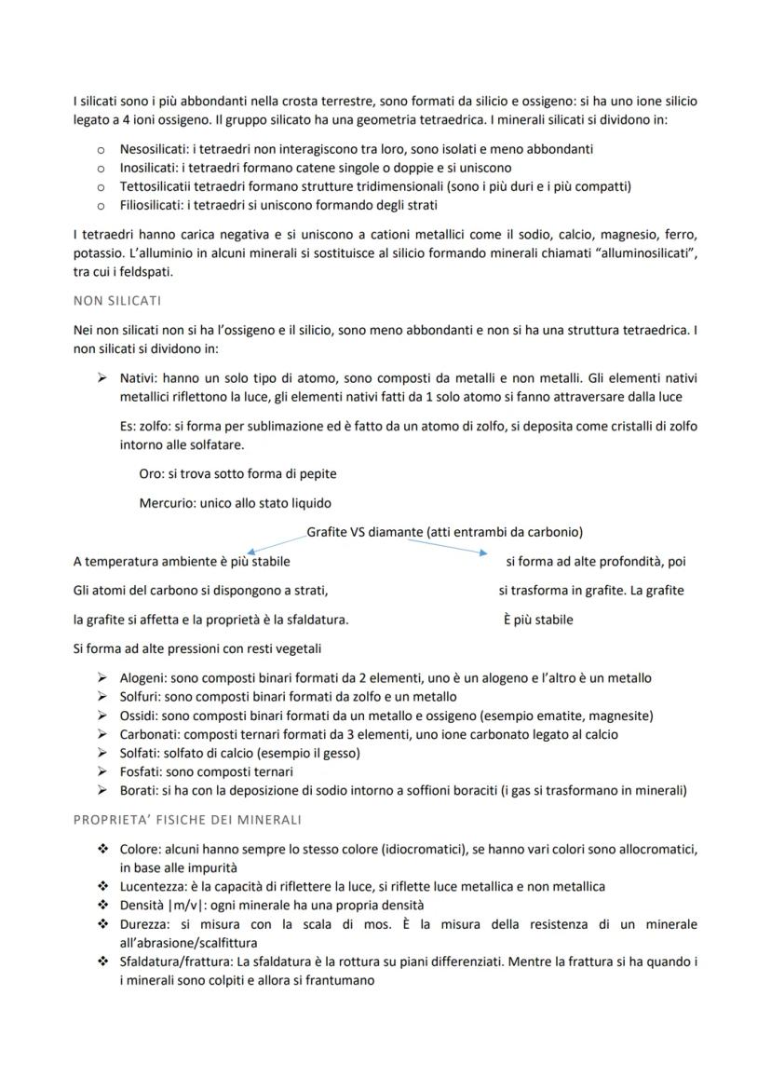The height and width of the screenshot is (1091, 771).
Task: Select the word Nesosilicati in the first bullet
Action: pyautogui.click(x=153, y=149)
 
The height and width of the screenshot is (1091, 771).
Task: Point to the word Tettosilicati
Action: pyautogui.click(x=156, y=186)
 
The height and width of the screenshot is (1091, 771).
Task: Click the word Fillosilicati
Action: pyautogui.click(x=151, y=205)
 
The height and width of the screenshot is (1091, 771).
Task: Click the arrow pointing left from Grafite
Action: pyautogui.click(x=275, y=542)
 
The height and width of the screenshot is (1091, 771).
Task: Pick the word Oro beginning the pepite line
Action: pyautogui.click(x=151, y=473)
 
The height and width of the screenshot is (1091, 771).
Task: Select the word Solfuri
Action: pyautogui.click(x=142, y=697)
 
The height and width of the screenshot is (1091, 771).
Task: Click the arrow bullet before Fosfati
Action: pyautogui.click(x=101, y=771)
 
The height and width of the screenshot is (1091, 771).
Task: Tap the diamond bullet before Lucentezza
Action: pyautogui.click(x=101, y=886)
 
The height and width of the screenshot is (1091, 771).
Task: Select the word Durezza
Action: pyautogui.click(x=144, y=924)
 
